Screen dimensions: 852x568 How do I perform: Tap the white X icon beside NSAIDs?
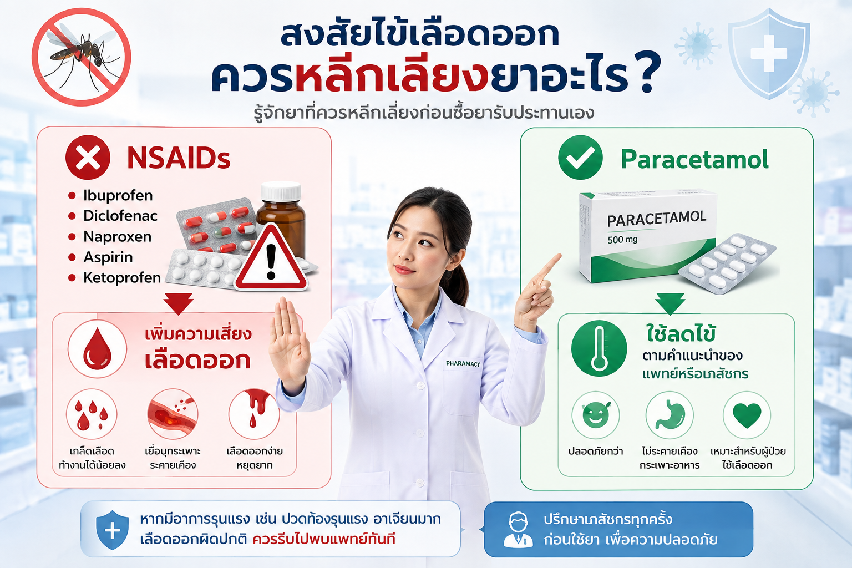[x=88, y=157]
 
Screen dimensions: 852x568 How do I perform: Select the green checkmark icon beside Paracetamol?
[x=580, y=157]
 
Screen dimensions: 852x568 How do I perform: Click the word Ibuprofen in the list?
[x=118, y=196]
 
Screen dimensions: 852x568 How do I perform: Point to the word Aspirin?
[x=108, y=257]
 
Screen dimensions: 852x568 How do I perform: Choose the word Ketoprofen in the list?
[x=122, y=278]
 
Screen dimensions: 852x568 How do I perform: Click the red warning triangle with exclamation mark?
[x=271, y=257]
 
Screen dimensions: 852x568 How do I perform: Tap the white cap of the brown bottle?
[x=281, y=191]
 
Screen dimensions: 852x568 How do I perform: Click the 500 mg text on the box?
[x=622, y=240]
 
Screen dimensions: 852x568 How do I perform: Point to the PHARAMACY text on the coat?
[x=463, y=364]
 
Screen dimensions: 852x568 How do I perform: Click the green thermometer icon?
[x=599, y=348]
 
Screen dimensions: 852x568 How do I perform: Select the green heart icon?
[x=747, y=415]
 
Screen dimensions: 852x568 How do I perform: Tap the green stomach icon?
[x=670, y=415]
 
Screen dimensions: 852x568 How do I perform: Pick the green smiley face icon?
[x=596, y=415]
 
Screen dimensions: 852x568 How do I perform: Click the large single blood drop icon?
[x=98, y=348]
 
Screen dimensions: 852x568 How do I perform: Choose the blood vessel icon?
[x=173, y=414]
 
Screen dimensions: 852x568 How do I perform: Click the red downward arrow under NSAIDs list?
[x=179, y=303]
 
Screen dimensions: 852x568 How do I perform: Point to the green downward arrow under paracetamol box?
[x=670, y=303]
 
